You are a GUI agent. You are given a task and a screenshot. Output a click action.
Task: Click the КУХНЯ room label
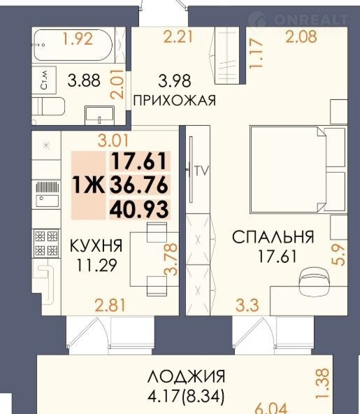point(96,245)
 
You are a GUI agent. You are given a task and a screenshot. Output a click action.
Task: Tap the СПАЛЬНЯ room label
point(273,236)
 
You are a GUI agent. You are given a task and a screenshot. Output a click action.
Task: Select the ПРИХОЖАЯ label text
point(175,101)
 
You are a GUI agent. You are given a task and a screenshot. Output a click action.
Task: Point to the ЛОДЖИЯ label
point(186,376)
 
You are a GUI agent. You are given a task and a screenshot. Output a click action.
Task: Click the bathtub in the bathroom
point(73,45)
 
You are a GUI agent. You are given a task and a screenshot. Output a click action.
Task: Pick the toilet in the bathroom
point(48,106)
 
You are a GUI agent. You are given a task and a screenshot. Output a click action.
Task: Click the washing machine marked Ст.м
point(44,80)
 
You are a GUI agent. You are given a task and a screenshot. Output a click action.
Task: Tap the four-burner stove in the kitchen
point(46,243)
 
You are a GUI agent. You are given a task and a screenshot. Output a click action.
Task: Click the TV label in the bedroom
point(202,171)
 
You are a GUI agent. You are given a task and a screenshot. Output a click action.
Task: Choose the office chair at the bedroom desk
point(315,280)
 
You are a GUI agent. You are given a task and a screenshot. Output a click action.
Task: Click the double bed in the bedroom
point(298,169)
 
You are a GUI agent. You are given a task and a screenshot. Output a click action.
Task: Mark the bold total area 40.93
point(139,210)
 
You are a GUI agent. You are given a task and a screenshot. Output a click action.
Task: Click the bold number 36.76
point(139,185)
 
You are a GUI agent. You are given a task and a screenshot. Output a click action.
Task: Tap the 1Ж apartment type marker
point(88,185)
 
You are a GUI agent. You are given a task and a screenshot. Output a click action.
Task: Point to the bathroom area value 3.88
point(84,80)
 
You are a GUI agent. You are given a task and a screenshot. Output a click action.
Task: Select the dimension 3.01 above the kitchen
point(113,141)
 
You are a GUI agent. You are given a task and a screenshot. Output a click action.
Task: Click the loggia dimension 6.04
point(271,408)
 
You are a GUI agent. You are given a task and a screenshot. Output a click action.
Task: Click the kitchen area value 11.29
point(96,265)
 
